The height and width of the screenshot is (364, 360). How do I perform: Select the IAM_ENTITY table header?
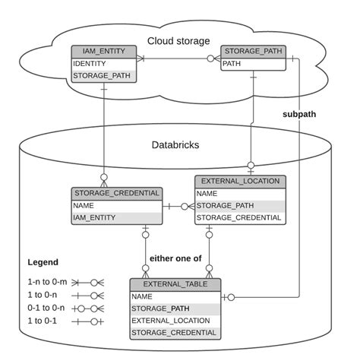coord(104,52)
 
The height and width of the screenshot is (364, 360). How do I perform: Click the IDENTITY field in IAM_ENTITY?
coord(90,64)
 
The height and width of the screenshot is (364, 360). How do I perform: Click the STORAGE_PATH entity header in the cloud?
coord(254,52)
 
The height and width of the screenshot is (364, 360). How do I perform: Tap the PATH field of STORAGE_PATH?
coord(232,64)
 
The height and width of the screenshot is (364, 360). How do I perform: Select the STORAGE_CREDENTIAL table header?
coord(116,193)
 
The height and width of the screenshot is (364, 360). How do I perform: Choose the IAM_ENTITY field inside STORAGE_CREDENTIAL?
coord(94,217)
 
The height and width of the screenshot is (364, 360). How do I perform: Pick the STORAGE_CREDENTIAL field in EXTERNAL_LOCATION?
coord(238,217)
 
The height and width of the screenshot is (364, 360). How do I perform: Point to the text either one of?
coord(176,258)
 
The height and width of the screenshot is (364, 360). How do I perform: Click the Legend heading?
coord(43,262)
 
